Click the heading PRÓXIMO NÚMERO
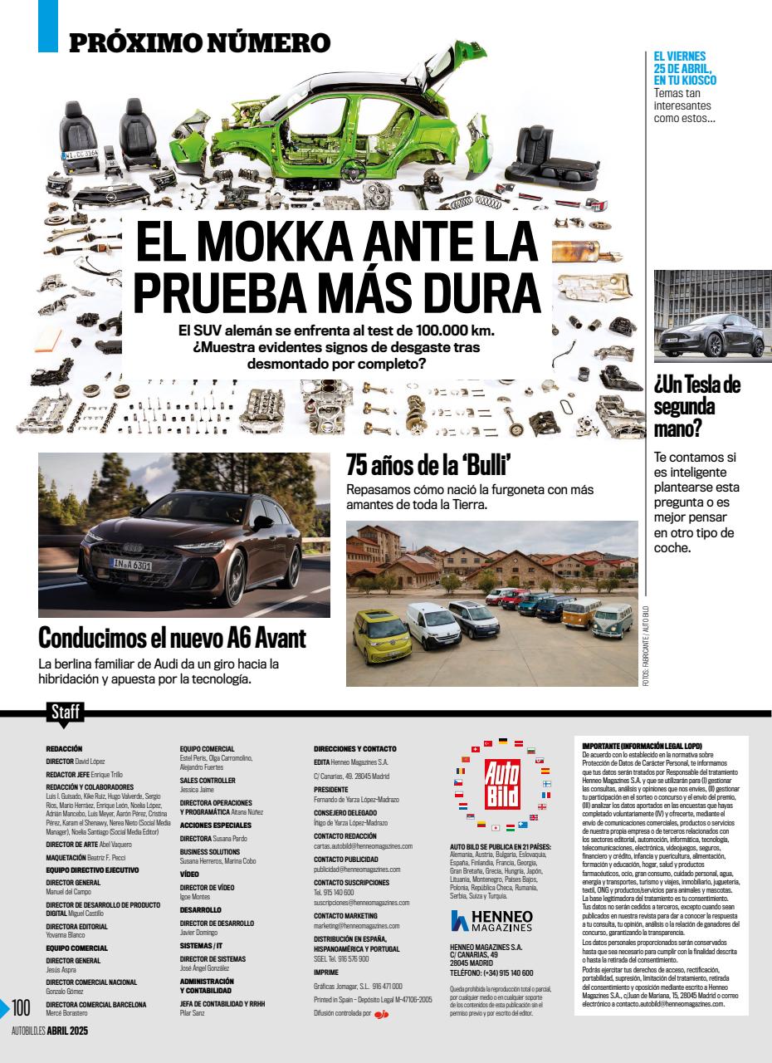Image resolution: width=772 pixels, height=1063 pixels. pyautogui.click(x=199, y=42)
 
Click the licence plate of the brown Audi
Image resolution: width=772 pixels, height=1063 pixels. pyautogui.click(x=131, y=566)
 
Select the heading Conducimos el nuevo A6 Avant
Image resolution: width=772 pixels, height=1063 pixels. pyautogui.click(x=173, y=639)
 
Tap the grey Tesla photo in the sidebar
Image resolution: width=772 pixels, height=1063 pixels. pyautogui.click(x=712, y=316)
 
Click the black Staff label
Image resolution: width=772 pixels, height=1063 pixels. pyautogui.click(x=66, y=712)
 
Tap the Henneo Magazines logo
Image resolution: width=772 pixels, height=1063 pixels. pyautogui.click(x=491, y=920)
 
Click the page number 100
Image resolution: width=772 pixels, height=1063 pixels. pyautogui.click(x=22, y=1008)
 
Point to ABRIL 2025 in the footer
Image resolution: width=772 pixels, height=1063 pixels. pyautogui.click(x=67, y=1031)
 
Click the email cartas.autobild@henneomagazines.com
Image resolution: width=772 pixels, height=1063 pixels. pyautogui.click(x=363, y=845)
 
